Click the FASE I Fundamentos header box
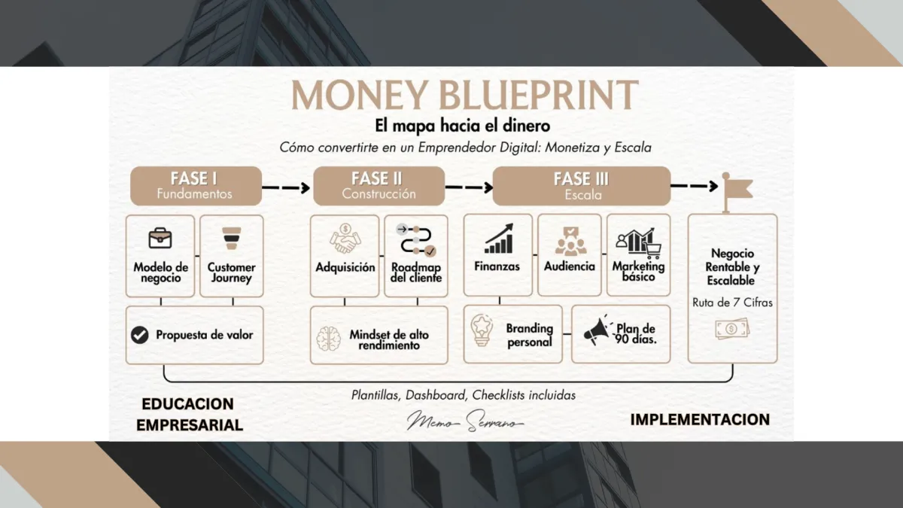point(196,186)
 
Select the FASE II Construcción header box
point(379,186)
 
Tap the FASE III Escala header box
point(581,186)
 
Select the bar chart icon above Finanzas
point(498,239)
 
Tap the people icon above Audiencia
point(570,240)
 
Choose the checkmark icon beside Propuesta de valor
point(139,335)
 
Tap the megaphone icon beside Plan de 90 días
point(597,331)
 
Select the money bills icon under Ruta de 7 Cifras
point(732,329)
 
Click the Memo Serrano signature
point(465,421)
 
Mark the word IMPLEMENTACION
point(700,419)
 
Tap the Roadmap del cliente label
point(416,272)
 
